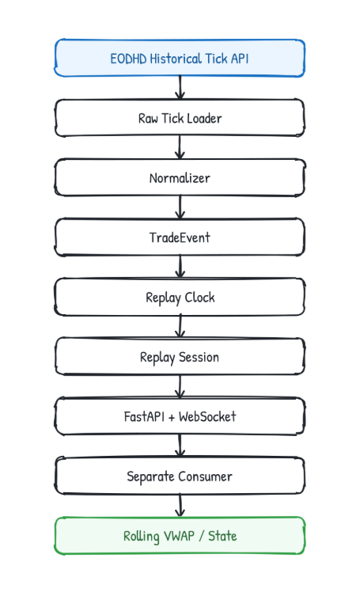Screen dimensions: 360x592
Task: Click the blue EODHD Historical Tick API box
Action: point(180,58)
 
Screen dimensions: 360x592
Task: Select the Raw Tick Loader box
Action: point(180,118)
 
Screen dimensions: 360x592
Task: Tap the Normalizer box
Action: point(180,177)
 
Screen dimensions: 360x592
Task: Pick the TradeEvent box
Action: point(180,237)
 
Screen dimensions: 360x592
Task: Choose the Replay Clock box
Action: point(180,297)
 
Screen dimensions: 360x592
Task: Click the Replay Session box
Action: point(180,356)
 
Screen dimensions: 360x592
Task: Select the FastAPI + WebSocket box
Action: point(180,416)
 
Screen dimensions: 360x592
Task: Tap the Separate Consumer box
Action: point(180,476)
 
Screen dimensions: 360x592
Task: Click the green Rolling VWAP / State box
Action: point(180,535)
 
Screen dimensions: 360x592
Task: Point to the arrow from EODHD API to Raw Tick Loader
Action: point(180,88)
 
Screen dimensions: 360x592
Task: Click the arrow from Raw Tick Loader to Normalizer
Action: point(180,147)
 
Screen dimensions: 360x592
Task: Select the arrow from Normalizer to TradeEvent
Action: point(180,207)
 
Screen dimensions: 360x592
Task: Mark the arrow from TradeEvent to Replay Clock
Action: point(180,267)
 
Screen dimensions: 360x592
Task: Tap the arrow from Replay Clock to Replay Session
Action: point(180,326)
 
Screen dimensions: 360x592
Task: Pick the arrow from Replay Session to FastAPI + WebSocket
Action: point(180,386)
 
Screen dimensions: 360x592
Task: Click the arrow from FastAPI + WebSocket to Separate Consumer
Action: point(180,446)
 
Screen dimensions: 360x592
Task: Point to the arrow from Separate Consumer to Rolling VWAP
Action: point(180,505)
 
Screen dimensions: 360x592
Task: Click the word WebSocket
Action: point(207,416)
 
